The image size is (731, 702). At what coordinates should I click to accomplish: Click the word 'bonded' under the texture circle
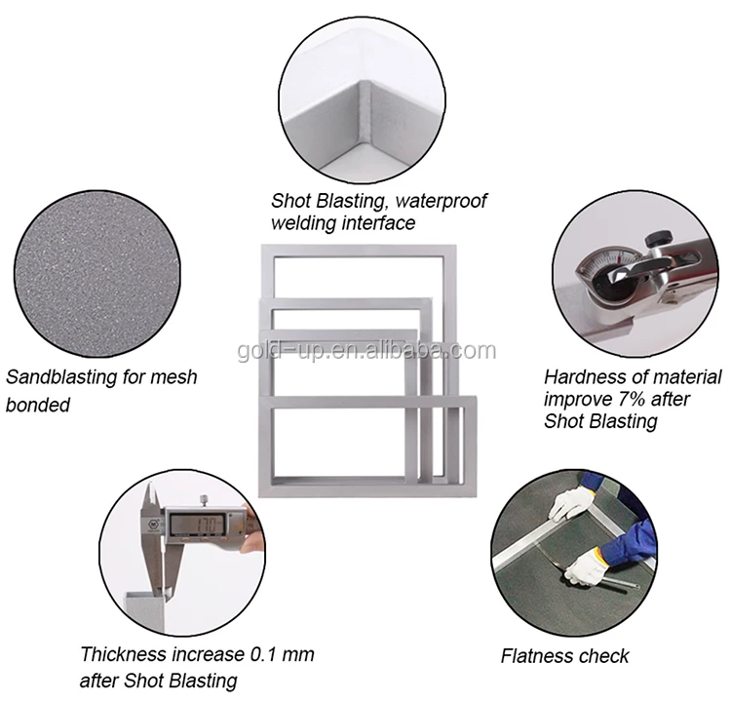pyautogui.click(x=38, y=404)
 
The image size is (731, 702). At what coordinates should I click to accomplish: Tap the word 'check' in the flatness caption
pyautogui.click(x=606, y=656)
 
